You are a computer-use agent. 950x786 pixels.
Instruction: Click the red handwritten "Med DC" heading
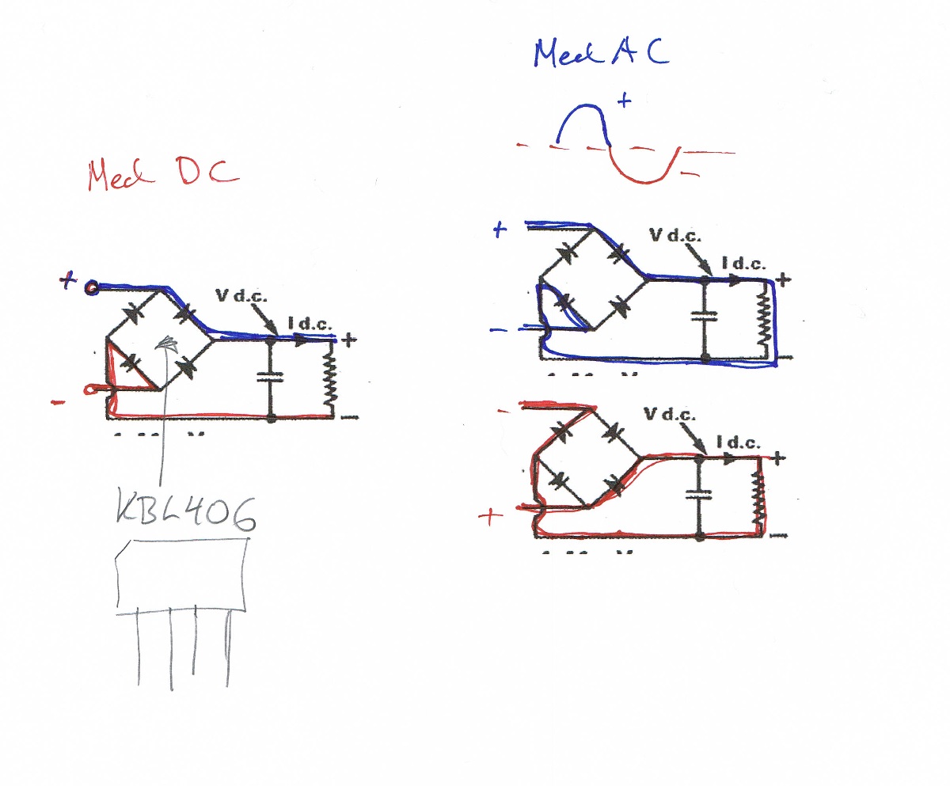(x=162, y=175)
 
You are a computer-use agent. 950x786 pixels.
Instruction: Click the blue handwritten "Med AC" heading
(x=601, y=52)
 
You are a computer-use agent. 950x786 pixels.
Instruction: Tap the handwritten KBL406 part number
(x=187, y=514)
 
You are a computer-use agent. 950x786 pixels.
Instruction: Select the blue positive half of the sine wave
(x=584, y=123)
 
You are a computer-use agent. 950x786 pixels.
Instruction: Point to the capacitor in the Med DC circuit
(x=271, y=378)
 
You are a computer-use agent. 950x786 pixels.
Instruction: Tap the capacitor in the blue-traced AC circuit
(x=704, y=316)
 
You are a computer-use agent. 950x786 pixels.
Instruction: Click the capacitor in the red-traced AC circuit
(x=699, y=495)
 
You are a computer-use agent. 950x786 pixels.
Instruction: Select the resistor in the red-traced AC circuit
(x=759, y=497)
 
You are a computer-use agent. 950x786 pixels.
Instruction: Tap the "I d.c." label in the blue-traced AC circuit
(x=743, y=264)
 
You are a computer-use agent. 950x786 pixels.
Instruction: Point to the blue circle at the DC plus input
(x=92, y=287)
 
